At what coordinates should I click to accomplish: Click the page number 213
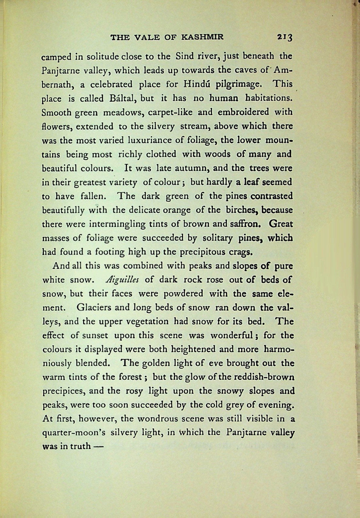point(284,38)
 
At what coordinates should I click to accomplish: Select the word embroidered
point(243,112)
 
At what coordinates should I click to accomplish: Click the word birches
point(242,210)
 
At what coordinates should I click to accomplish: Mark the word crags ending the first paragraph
point(241,252)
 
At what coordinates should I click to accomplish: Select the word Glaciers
point(94,308)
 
